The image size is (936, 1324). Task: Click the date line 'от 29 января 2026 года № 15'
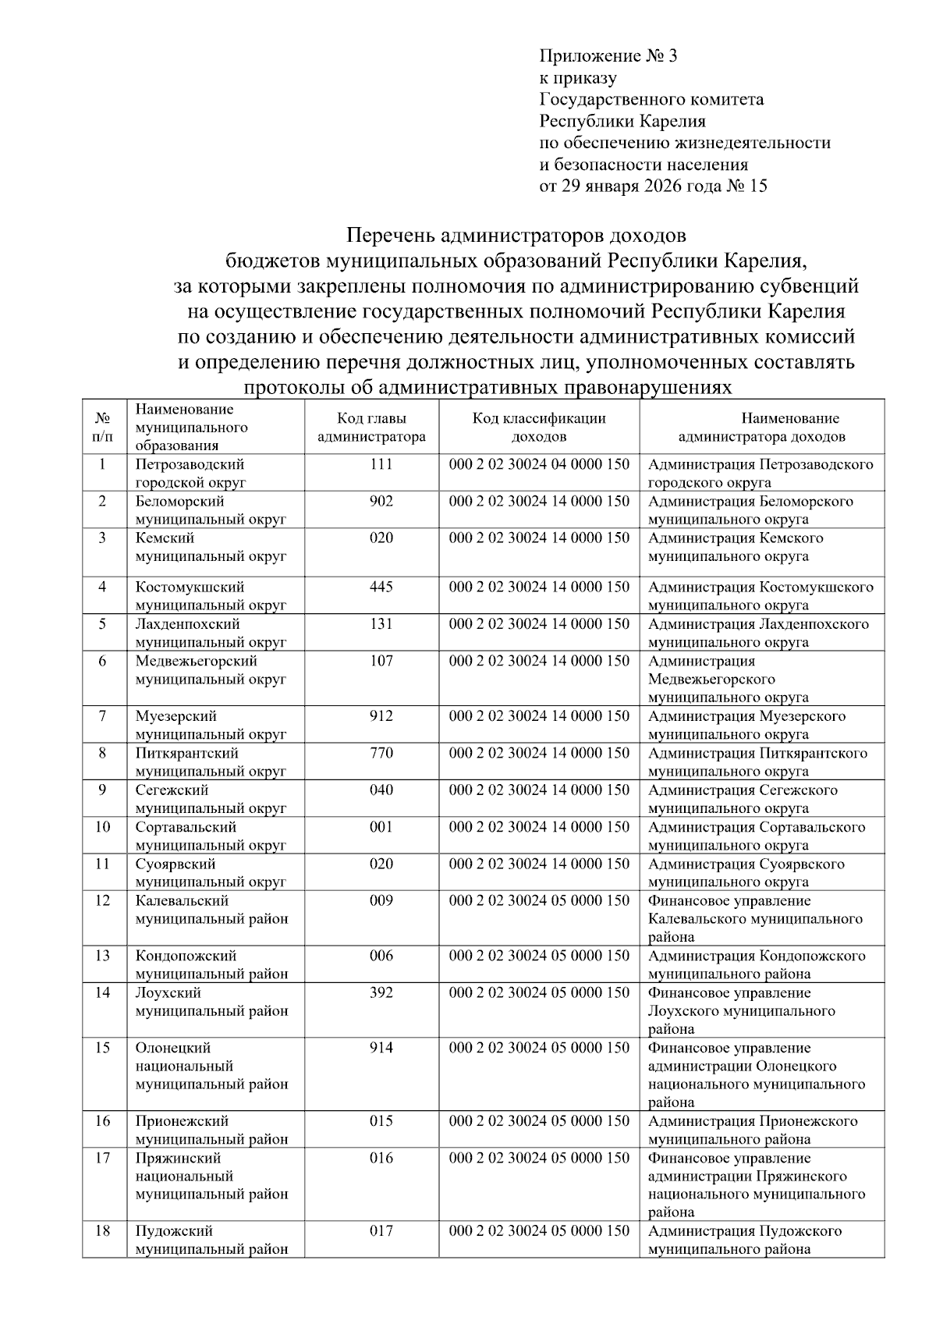click(x=653, y=186)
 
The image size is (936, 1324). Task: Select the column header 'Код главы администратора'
click(x=371, y=428)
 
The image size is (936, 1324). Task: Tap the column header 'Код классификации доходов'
click(x=539, y=428)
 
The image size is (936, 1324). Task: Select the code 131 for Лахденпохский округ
click(x=381, y=624)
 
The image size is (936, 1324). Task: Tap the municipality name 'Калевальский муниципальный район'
click(x=211, y=910)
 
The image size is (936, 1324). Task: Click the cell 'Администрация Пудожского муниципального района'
click(x=745, y=1240)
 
